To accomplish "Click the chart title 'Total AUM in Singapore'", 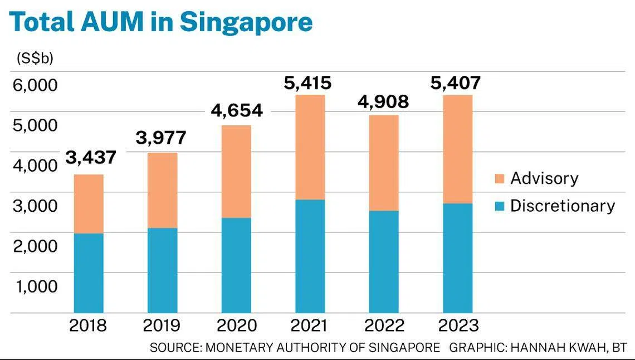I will coord(161,23).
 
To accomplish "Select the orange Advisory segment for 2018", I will coord(89,203).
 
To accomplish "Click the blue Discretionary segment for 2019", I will coord(162,270).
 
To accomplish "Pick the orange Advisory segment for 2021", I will coord(310,147).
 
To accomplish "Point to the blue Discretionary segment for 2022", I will coord(384,262).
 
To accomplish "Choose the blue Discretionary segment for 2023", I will coord(457,258).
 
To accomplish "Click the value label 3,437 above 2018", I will coord(91,158).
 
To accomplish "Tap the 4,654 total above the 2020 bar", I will coord(237,110).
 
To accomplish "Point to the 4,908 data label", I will coord(384,102).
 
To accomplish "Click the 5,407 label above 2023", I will coord(455,84).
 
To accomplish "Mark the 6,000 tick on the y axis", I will coord(35,85).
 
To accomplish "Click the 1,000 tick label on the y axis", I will coord(35,286).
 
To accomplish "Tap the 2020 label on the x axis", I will coord(236,325).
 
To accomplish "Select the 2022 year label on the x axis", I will coord(383,325).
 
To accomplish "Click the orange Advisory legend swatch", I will coord(499,179).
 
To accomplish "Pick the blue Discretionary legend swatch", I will coord(499,206).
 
